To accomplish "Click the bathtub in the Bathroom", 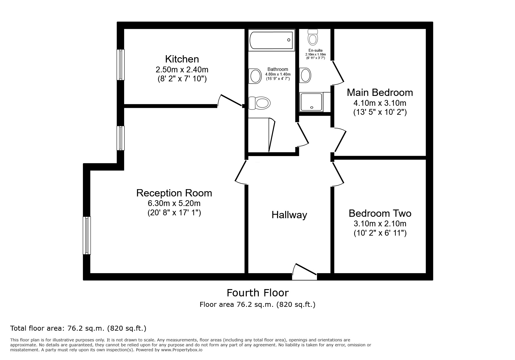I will click(271, 41).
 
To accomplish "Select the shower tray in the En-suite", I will click(311, 102).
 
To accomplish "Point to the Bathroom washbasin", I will click(255, 76).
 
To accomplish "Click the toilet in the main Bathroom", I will click(260, 103).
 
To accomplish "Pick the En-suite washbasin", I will click(305, 75).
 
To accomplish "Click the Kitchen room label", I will click(182, 59).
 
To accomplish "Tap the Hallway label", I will click(289, 215).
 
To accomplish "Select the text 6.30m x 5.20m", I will click(174, 203).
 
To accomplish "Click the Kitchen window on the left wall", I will click(120, 65).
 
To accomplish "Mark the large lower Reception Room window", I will click(87, 235).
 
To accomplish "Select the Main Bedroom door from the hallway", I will click(340, 141).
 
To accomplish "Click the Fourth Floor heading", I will click(257, 293).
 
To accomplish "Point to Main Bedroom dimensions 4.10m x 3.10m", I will click(379, 103).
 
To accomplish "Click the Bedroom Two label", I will click(380, 213).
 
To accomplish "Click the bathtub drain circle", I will click(289, 40).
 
